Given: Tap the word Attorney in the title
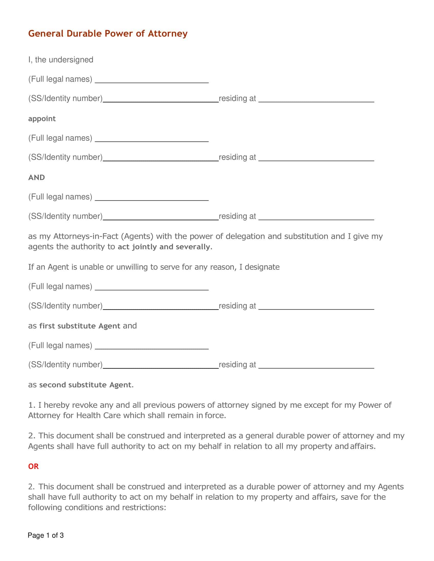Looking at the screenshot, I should (168, 34).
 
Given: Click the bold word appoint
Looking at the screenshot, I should (42, 119).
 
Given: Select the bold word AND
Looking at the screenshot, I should (37, 177).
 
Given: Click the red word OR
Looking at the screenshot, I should (33, 466).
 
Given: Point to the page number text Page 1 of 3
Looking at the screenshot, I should (46, 535).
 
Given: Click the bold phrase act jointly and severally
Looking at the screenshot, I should (164, 247).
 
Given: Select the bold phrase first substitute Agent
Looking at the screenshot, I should (80, 326).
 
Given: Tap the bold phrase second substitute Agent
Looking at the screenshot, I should (85, 385).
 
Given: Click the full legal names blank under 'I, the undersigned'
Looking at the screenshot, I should (152, 80).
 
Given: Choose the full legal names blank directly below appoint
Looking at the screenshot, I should (152, 138).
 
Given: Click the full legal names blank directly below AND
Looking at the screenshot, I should (152, 197).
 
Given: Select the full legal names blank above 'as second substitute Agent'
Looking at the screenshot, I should (152, 346).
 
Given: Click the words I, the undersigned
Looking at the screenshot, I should (61, 60).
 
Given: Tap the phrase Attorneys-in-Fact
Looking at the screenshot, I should (86, 236).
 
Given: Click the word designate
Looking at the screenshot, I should (262, 267).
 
